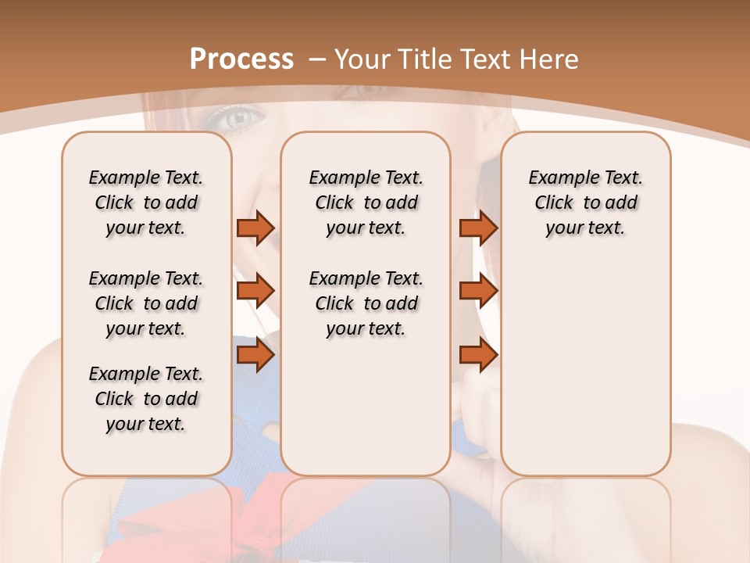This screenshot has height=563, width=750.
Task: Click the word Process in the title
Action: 241,59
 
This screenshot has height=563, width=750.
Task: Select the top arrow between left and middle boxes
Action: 255,228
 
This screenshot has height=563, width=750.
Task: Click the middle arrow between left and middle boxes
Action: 255,291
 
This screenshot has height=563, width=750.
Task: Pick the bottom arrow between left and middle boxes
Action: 255,355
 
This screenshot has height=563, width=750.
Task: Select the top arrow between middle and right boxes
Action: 478,228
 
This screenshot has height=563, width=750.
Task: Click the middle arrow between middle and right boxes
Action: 478,291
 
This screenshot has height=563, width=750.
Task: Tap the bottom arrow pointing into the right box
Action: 478,355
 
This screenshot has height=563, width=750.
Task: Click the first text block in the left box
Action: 146,203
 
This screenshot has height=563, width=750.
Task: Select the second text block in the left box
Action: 146,303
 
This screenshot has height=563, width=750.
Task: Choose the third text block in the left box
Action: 146,399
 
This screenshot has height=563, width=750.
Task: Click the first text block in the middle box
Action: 366,203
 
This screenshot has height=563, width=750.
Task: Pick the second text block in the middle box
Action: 366,303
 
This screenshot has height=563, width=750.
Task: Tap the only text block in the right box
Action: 585,203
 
